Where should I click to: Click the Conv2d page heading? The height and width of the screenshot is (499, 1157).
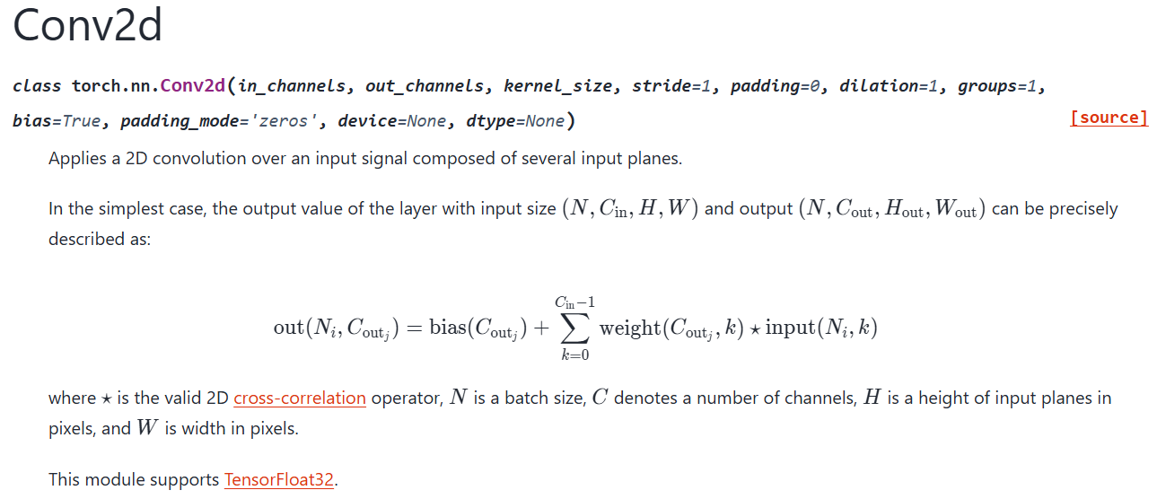87,25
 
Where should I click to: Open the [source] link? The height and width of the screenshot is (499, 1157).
1109,118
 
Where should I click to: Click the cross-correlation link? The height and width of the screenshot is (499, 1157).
299,398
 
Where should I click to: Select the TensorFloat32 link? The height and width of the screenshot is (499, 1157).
279,479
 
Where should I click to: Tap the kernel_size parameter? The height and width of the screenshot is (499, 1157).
558,86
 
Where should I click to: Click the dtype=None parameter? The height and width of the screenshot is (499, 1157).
515,120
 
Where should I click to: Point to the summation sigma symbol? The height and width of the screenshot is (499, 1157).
574,329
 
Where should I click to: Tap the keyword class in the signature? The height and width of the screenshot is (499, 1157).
37,86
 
